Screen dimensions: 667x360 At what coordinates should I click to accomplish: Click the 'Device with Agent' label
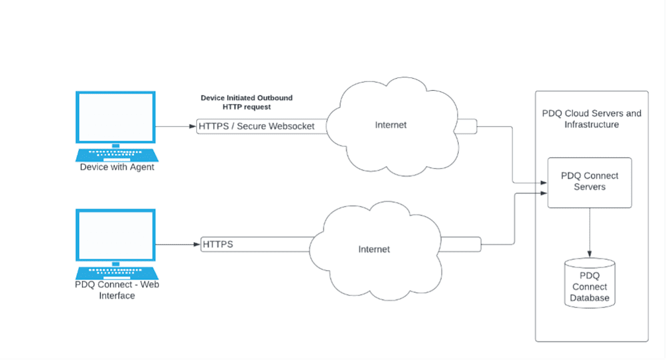pyautogui.click(x=117, y=167)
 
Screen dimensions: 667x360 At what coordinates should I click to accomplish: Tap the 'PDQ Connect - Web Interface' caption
pyautogui.click(x=117, y=290)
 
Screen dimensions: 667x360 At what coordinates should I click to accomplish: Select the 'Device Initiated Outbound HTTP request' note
pyautogui.click(x=247, y=103)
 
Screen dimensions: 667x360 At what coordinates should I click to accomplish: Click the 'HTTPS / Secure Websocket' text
pyautogui.click(x=257, y=126)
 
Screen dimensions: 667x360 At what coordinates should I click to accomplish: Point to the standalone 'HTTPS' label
pyautogui.click(x=218, y=245)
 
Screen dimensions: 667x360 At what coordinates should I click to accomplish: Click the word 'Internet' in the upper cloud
pyautogui.click(x=390, y=125)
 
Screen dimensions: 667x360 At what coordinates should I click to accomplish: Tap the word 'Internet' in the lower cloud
pyautogui.click(x=374, y=249)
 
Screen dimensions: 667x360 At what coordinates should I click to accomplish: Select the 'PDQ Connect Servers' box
pyautogui.click(x=590, y=183)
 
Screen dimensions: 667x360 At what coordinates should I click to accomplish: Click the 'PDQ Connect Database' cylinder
pyautogui.click(x=590, y=283)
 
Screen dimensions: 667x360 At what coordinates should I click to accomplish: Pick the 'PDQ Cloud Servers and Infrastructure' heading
pyautogui.click(x=592, y=119)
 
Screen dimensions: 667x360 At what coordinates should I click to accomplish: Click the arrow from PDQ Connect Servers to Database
pyautogui.click(x=590, y=233)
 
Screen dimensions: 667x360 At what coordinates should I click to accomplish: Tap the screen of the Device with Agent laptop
pyautogui.click(x=115, y=117)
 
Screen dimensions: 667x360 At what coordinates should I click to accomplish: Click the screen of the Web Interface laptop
pyautogui.click(x=115, y=235)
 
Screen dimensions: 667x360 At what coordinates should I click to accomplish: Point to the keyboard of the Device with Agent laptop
pyautogui.click(x=117, y=155)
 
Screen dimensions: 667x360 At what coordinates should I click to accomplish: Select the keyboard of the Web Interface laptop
pyautogui.click(x=117, y=273)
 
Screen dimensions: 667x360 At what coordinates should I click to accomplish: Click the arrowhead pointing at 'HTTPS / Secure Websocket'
pyautogui.click(x=193, y=126)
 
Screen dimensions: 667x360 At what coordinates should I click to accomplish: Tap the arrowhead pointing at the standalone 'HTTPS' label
pyautogui.click(x=197, y=245)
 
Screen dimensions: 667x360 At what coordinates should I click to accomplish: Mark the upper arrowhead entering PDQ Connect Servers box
pyautogui.click(x=544, y=183)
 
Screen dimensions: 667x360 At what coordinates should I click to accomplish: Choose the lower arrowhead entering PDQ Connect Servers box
pyautogui.click(x=544, y=193)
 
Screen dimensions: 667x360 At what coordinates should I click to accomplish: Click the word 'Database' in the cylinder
pyautogui.click(x=590, y=298)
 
